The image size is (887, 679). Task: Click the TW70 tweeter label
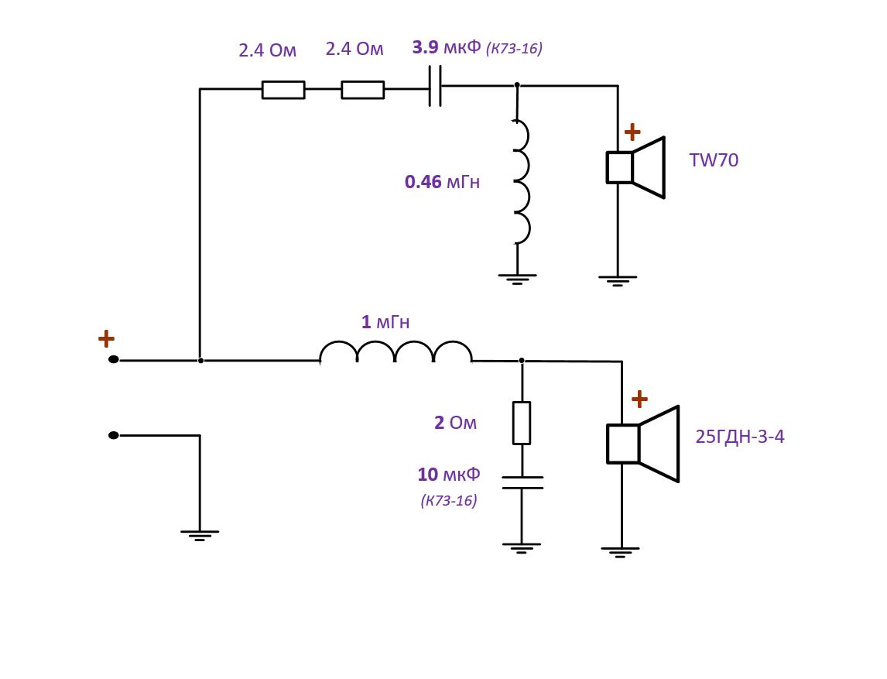point(714,161)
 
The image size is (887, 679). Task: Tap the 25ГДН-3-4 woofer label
point(739,437)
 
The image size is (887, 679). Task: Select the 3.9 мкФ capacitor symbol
point(435,86)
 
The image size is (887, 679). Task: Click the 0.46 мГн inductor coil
point(520,182)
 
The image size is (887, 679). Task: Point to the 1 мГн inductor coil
point(396,352)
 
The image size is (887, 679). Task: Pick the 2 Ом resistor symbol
point(522,423)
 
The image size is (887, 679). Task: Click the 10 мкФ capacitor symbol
point(522,482)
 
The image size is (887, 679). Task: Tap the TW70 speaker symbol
point(635,167)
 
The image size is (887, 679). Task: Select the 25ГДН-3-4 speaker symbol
point(642,444)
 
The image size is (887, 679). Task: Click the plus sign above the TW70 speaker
point(632,132)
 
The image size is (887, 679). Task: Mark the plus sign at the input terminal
point(106,338)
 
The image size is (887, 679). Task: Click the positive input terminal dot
point(114,359)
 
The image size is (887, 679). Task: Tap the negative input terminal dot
point(114,435)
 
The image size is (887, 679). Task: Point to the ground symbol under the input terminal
point(200,534)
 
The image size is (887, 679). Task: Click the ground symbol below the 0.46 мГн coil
point(517,278)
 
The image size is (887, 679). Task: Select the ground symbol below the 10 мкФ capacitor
point(522,547)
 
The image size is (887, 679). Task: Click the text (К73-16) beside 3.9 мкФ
point(514,49)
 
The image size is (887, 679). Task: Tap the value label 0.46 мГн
point(442,183)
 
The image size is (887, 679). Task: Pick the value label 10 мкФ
point(449,475)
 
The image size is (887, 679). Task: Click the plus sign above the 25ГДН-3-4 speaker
point(639,400)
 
